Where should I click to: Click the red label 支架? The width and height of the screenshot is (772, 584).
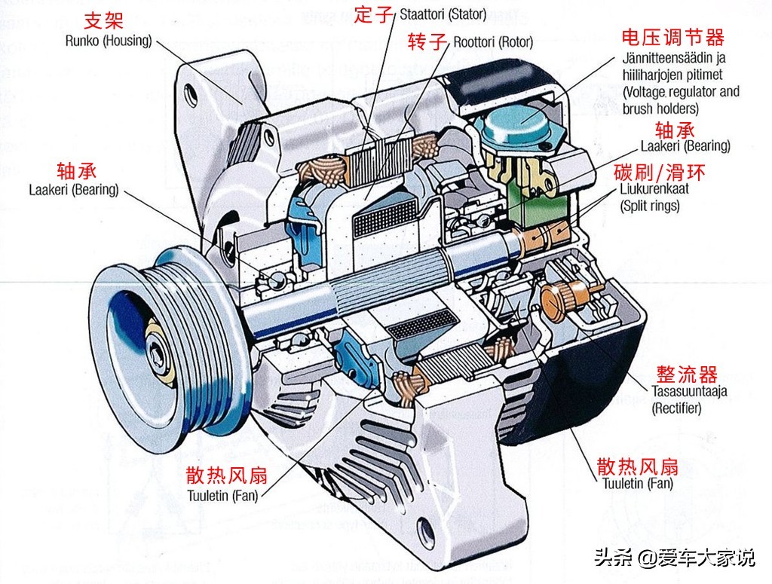(x=103, y=20)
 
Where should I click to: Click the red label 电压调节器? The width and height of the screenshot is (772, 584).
(x=672, y=37)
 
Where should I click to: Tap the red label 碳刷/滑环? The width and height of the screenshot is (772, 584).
(x=660, y=173)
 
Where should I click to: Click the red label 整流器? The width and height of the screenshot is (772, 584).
(x=687, y=374)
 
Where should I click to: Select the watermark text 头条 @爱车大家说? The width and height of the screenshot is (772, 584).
(x=673, y=558)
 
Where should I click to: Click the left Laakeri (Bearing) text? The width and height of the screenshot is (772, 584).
(x=74, y=190)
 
